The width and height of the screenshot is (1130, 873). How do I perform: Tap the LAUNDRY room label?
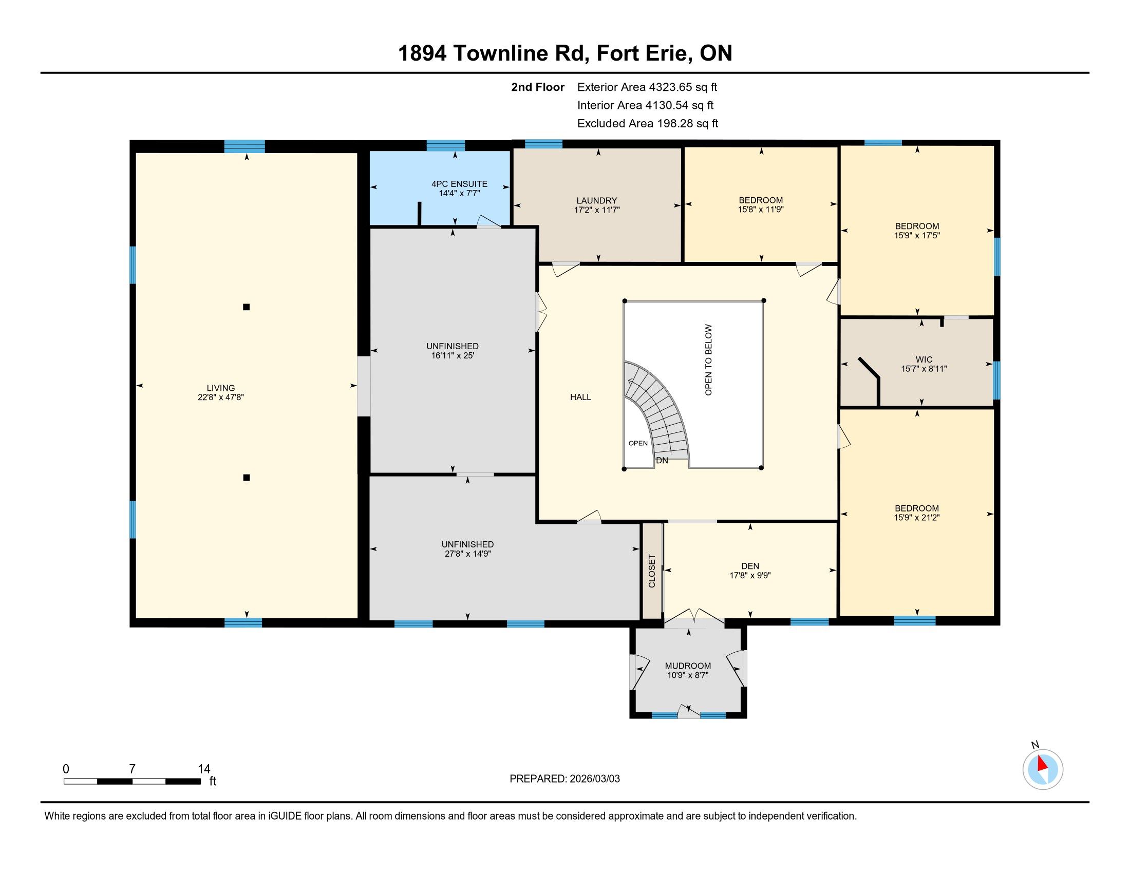(596, 201)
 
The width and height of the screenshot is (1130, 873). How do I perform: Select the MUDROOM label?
(688, 666)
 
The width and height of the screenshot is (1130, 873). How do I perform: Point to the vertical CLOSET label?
(652, 571)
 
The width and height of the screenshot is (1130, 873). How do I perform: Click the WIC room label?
(924, 359)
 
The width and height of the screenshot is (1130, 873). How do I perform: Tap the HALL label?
(580, 397)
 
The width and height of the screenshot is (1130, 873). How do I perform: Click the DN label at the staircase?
(662, 460)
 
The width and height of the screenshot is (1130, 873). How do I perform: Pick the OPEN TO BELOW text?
(708, 360)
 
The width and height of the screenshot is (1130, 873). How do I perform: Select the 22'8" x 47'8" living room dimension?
(221, 397)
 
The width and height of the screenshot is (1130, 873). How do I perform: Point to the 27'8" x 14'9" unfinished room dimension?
(467, 554)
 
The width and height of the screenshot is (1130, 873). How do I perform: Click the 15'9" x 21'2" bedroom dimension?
(917, 517)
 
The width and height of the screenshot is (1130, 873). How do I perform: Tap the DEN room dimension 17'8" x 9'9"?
(750, 575)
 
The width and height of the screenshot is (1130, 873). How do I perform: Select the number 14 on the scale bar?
(204, 769)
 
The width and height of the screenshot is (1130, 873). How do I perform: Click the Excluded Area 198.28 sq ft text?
(648, 124)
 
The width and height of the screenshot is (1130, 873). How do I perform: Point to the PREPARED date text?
(564, 779)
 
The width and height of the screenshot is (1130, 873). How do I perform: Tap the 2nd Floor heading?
(538, 87)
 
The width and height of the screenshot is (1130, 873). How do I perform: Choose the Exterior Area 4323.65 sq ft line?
(647, 87)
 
